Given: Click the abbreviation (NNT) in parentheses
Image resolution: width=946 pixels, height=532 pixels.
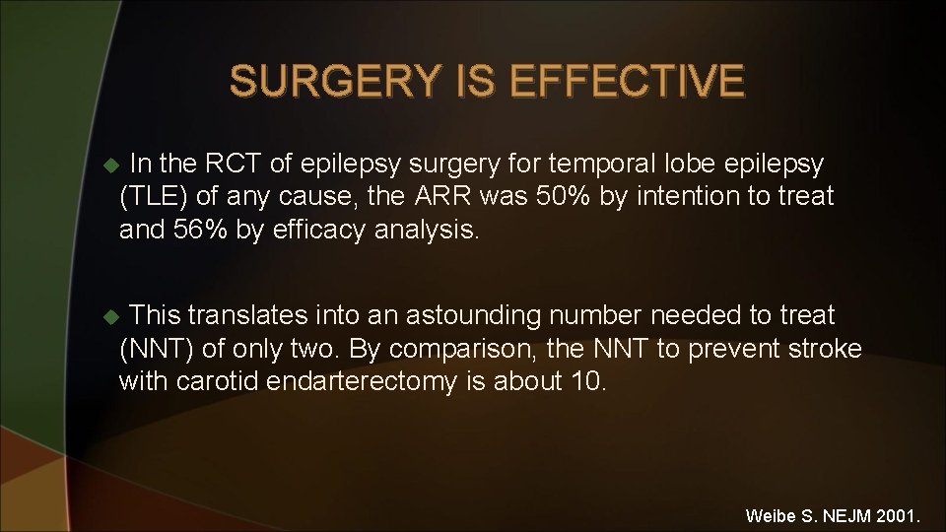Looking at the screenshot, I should (154, 350).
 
